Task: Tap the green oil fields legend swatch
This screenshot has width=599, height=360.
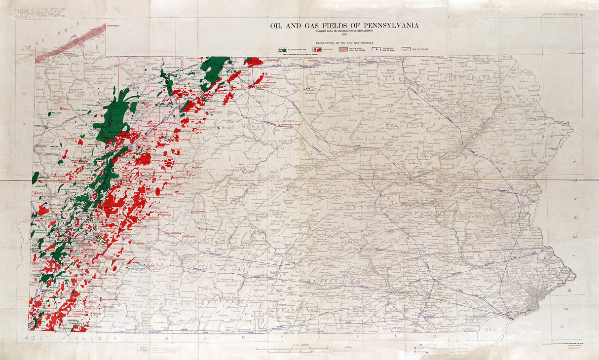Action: click(282, 49)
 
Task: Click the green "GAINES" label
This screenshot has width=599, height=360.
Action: click(310, 90)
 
